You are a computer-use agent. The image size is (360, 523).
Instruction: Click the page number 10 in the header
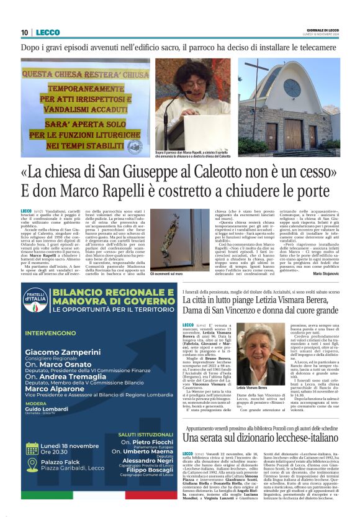24,33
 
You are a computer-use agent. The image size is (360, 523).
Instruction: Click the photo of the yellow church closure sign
84,106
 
